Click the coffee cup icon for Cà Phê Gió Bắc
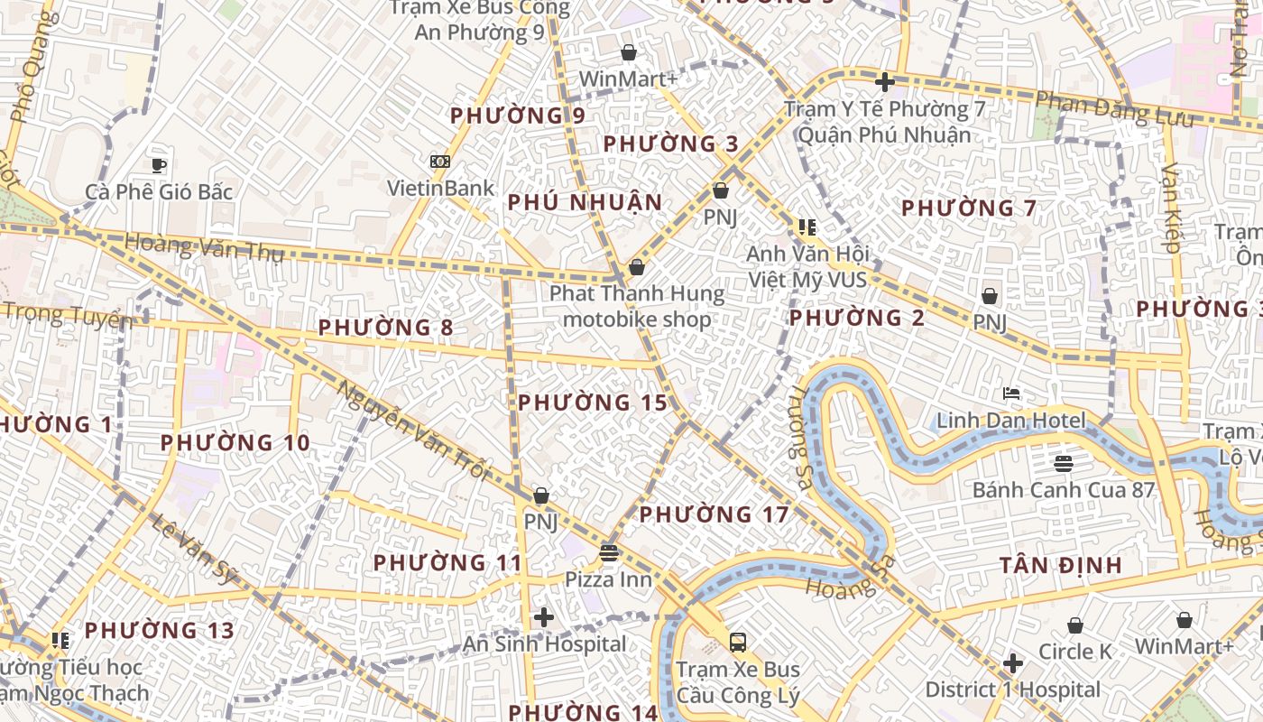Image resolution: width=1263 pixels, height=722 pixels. (x=159, y=165)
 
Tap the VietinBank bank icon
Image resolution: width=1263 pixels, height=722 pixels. (x=440, y=162)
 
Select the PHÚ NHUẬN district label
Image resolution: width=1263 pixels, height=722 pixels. (x=585, y=202)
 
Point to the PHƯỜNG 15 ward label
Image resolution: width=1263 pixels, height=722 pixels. (x=593, y=403)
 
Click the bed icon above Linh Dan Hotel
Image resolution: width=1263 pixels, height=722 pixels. (x=1011, y=393)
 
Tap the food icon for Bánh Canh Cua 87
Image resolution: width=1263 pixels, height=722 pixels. (x=1063, y=464)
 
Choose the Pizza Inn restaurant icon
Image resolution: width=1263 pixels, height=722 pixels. (x=609, y=552)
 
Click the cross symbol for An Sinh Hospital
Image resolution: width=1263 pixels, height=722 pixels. (x=544, y=617)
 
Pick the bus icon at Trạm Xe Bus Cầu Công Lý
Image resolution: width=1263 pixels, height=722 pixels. (x=738, y=643)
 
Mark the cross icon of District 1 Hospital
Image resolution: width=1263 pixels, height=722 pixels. (x=1013, y=663)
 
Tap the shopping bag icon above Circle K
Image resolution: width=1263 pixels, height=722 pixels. (x=1075, y=625)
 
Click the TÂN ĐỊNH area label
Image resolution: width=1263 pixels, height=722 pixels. (x=1061, y=566)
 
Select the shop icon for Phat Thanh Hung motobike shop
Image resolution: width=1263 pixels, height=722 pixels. (x=637, y=267)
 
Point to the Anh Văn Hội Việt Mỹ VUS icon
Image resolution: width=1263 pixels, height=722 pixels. (x=807, y=227)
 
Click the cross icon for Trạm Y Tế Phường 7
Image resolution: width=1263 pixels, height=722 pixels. (x=884, y=82)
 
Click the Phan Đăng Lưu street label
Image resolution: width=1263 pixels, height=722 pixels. (x=1115, y=109)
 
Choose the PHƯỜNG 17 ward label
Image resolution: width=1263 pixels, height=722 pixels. (x=714, y=514)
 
